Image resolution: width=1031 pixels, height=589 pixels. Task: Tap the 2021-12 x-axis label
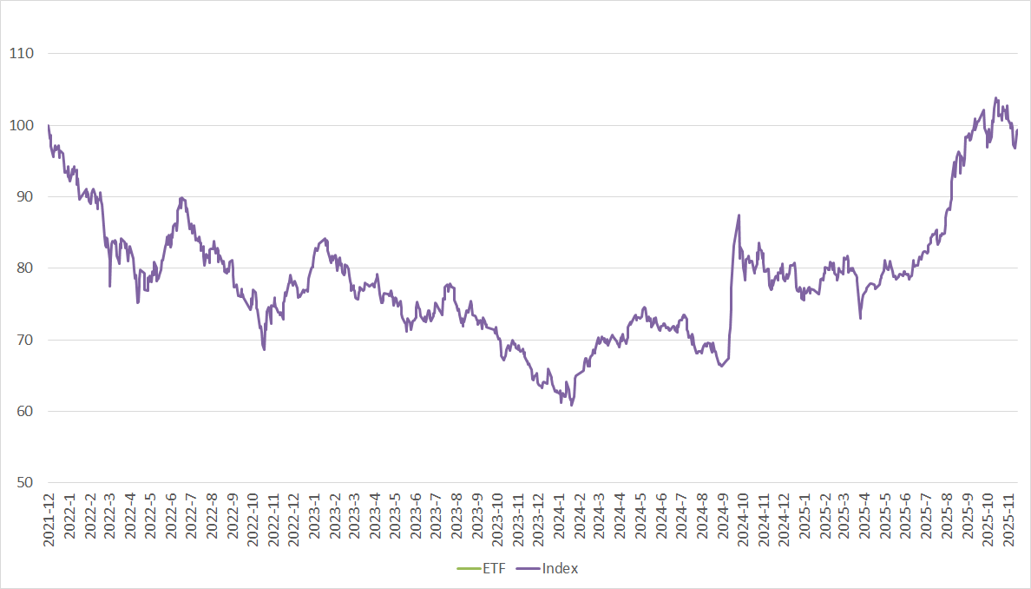click(49, 519)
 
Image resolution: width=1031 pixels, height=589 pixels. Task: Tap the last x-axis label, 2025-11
click(1009, 519)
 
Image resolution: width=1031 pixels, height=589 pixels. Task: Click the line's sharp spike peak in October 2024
click(739, 215)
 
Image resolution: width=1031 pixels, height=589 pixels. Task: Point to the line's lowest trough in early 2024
click(571, 405)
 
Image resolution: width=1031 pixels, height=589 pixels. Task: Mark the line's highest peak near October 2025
click(995, 98)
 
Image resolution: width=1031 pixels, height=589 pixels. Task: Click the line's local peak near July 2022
click(181, 198)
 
